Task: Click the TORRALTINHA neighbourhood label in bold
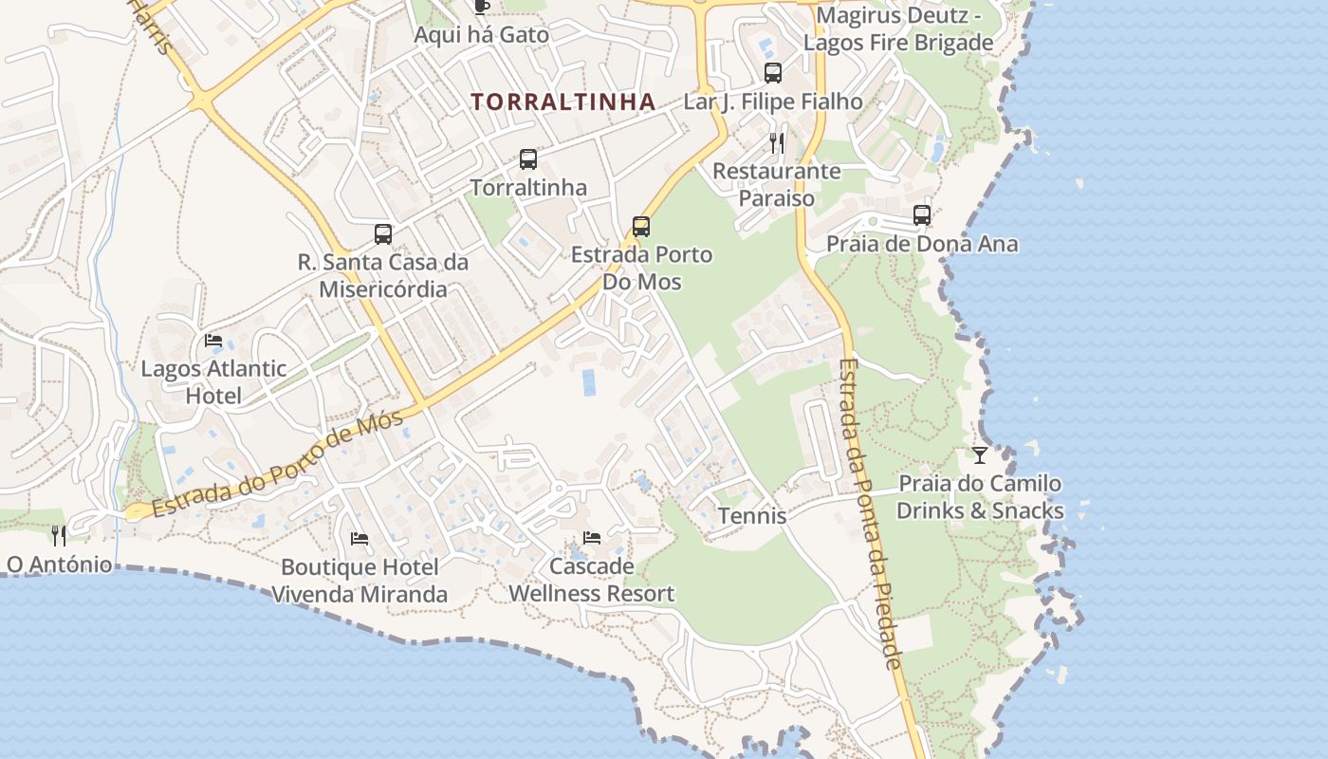click(x=563, y=102)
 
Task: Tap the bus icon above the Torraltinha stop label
click(x=528, y=159)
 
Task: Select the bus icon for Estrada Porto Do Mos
click(x=641, y=227)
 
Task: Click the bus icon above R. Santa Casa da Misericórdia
click(x=383, y=234)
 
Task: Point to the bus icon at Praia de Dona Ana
click(x=922, y=215)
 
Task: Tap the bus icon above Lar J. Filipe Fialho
click(x=773, y=73)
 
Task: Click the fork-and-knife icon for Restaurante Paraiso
click(x=777, y=143)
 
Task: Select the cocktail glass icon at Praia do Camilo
click(x=980, y=455)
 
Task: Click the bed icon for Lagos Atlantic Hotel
click(x=213, y=341)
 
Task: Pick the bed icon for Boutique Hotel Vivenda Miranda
click(x=360, y=539)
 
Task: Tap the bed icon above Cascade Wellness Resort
click(x=592, y=538)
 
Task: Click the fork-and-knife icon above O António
click(x=59, y=536)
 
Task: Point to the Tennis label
click(x=752, y=515)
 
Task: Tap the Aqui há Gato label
click(x=482, y=35)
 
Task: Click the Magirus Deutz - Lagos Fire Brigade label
click(x=898, y=29)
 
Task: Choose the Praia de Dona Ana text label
click(x=922, y=244)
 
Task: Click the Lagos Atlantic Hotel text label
click(x=213, y=381)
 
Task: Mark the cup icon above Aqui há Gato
click(x=482, y=7)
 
